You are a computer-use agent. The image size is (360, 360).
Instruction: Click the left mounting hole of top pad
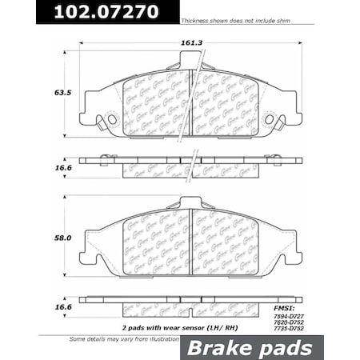click(x=111, y=120)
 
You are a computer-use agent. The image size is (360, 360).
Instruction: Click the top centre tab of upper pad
click(x=190, y=59)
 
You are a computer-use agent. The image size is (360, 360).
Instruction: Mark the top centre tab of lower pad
click(x=190, y=203)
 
